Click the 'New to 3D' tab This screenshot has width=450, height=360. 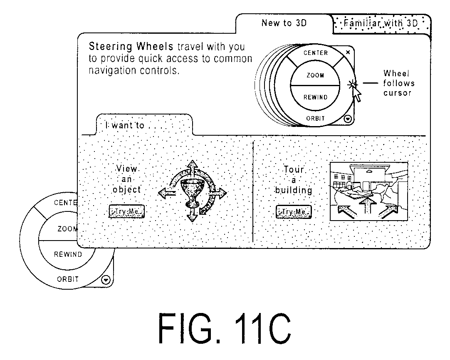284,23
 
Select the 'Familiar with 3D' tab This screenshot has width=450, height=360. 381,23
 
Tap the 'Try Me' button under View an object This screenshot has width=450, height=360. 126,211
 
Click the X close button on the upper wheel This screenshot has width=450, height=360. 348,52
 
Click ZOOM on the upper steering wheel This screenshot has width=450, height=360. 315,75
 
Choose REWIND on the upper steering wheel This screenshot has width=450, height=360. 315,97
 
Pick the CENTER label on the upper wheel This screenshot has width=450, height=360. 316,53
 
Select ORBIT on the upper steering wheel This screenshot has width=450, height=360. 315,118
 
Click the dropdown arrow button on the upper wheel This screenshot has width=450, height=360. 348,119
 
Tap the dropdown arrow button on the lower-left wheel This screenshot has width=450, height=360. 106,280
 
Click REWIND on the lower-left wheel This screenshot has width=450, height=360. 68,254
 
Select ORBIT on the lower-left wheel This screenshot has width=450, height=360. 68,279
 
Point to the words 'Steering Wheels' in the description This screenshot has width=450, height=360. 131,46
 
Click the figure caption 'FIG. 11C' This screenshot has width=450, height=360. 225,328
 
